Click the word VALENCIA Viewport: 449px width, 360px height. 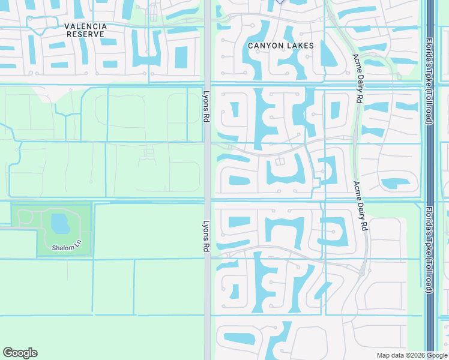click(86, 26)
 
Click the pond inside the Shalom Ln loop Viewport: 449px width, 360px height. click(60, 224)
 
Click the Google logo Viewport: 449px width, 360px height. click(20, 353)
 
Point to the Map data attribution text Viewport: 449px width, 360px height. click(392, 355)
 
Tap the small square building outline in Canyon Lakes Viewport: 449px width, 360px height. click(279, 163)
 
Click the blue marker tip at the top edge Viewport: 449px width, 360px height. click(280, 2)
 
